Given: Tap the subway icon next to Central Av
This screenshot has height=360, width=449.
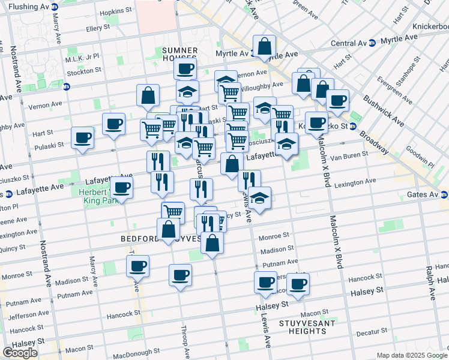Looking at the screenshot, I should click(x=372, y=43).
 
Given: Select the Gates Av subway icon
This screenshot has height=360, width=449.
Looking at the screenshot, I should click(x=444, y=194).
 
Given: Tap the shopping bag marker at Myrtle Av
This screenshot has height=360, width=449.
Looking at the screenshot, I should click(x=264, y=46).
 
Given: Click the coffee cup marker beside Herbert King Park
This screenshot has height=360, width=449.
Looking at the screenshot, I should click(x=122, y=187).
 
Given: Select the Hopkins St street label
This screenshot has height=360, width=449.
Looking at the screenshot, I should click(x=116, y=11).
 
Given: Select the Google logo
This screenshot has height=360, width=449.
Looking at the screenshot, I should click(x=20, y=353).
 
